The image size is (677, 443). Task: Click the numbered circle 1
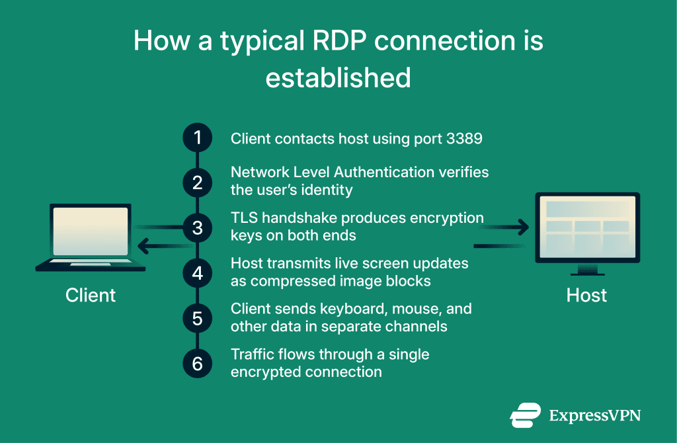197,138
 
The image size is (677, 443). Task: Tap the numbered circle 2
197,182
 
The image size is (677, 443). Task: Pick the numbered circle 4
197,272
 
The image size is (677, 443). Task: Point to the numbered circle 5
197,318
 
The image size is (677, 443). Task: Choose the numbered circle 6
197,363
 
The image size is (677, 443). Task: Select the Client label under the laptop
91,295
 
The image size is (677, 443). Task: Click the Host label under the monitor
586,295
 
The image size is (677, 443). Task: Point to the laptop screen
91,230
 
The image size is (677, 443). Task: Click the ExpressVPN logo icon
526,415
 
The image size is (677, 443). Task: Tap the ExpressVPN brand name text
595,416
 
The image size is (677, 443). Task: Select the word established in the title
338,77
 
